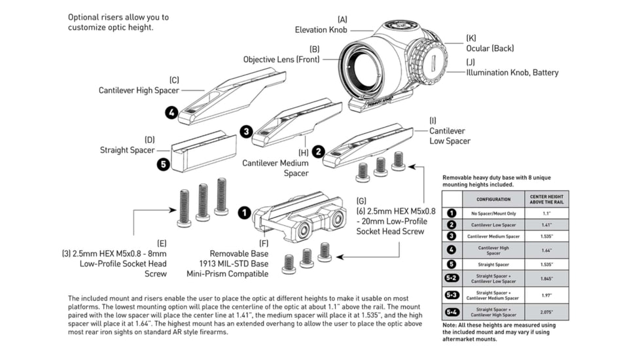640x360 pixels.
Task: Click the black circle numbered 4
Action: click(x=171, y=113)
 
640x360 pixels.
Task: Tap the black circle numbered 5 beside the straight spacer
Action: click(x=163, y=164)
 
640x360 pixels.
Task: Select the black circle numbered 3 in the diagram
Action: click(x=245, y=132)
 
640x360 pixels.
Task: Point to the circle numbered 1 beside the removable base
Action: click(x=244, y=213)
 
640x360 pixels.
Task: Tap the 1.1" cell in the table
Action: click(x=546, y=213)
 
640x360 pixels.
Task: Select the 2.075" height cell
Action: click(x=546, y=312)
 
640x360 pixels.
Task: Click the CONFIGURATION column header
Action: click(x=493, y=199)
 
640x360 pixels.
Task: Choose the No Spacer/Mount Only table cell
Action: click(x=493, y=213)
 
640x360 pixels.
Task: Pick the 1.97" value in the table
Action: click(x=546, y=295)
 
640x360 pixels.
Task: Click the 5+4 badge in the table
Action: click(x=452, y=312)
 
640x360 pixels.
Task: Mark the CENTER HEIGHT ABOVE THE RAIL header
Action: click(x=546, y=199)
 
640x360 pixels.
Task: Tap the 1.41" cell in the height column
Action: click(x=546, y=225)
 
